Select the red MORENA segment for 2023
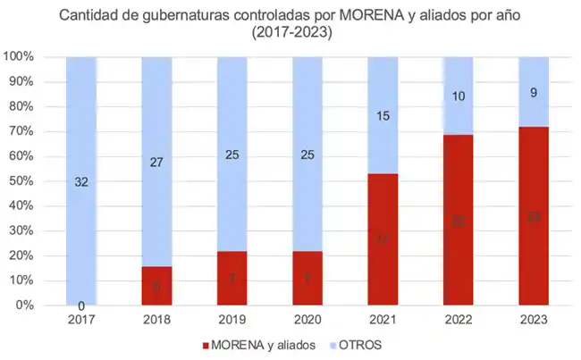534,216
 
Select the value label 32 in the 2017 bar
81,181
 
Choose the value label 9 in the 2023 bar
534,92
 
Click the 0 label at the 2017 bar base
81,306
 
